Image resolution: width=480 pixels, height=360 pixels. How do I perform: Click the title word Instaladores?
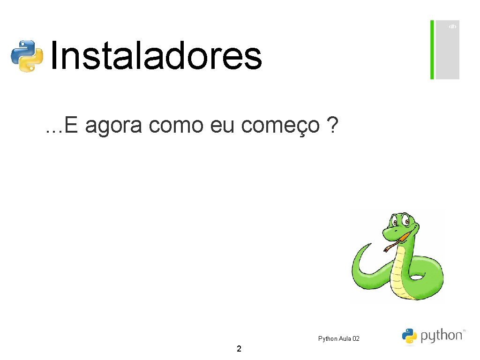(155, 56)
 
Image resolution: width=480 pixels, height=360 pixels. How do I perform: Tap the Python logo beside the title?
(27, 56)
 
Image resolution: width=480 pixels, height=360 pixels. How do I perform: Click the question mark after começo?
(332, 125)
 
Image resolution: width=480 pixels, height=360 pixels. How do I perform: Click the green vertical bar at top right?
(432, 50)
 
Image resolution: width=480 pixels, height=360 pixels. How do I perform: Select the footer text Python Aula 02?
(338, 338)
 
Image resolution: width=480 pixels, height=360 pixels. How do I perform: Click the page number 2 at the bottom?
(239, 349)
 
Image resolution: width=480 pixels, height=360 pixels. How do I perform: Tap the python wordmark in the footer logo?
(441, 336)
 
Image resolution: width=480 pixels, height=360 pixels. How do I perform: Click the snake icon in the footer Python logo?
(409, 336)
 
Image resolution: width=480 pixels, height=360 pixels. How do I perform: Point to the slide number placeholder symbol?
(452, 27)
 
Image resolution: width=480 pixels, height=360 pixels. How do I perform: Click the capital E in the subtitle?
(72, 125)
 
